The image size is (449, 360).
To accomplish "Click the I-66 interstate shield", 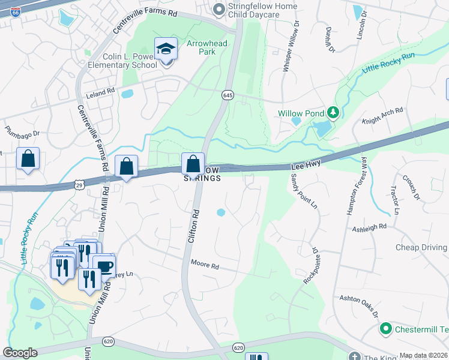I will tap(14, 11).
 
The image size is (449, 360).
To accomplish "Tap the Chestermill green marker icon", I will tap(385, 329).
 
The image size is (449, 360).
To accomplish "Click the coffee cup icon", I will tap(104, 266).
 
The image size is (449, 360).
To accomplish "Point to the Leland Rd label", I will tap(100, 92).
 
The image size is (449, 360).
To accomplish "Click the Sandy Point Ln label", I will tap(304, 191).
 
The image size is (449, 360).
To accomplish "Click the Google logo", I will tap(20, 353).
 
